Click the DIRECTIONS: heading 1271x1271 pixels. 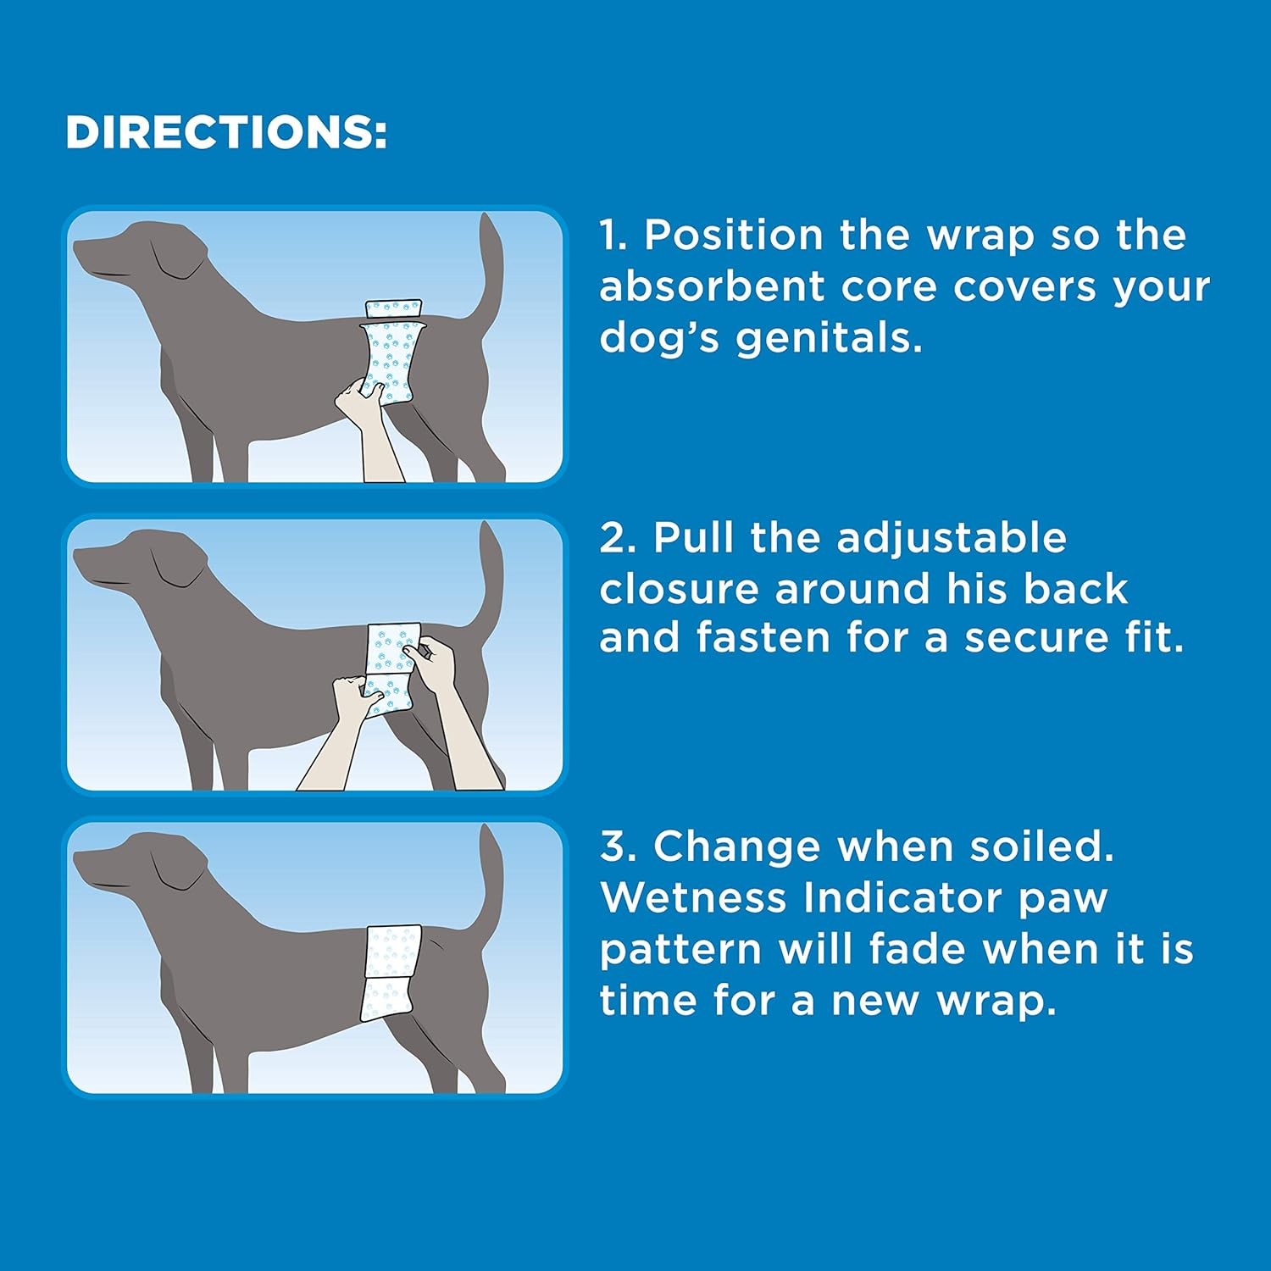pyautogui.click(x=226, y=133)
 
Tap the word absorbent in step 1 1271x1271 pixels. pyautogui.click(x=711, y=287)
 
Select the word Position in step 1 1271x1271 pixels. pyautogui.click(x=733, y=236)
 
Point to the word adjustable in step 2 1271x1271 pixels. pyautogui.click(x=951, y=538)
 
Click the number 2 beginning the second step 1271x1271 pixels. pyautogui.click(x=613, y=539)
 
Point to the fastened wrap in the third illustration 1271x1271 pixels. pyautogui.click(x=391, y=972)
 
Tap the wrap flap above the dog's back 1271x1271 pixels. pyautogui.click(x=393, y=308)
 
